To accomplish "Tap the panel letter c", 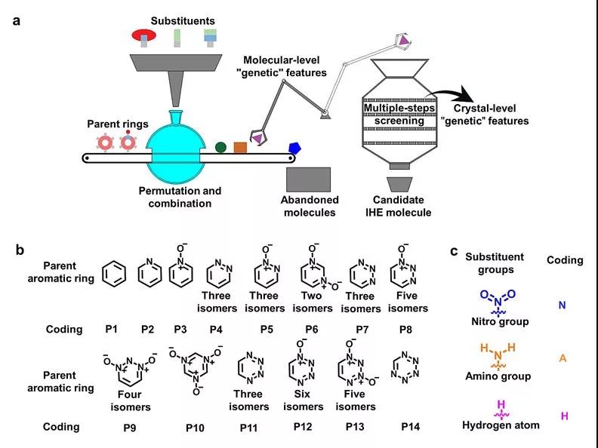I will (x=454, y=251).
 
